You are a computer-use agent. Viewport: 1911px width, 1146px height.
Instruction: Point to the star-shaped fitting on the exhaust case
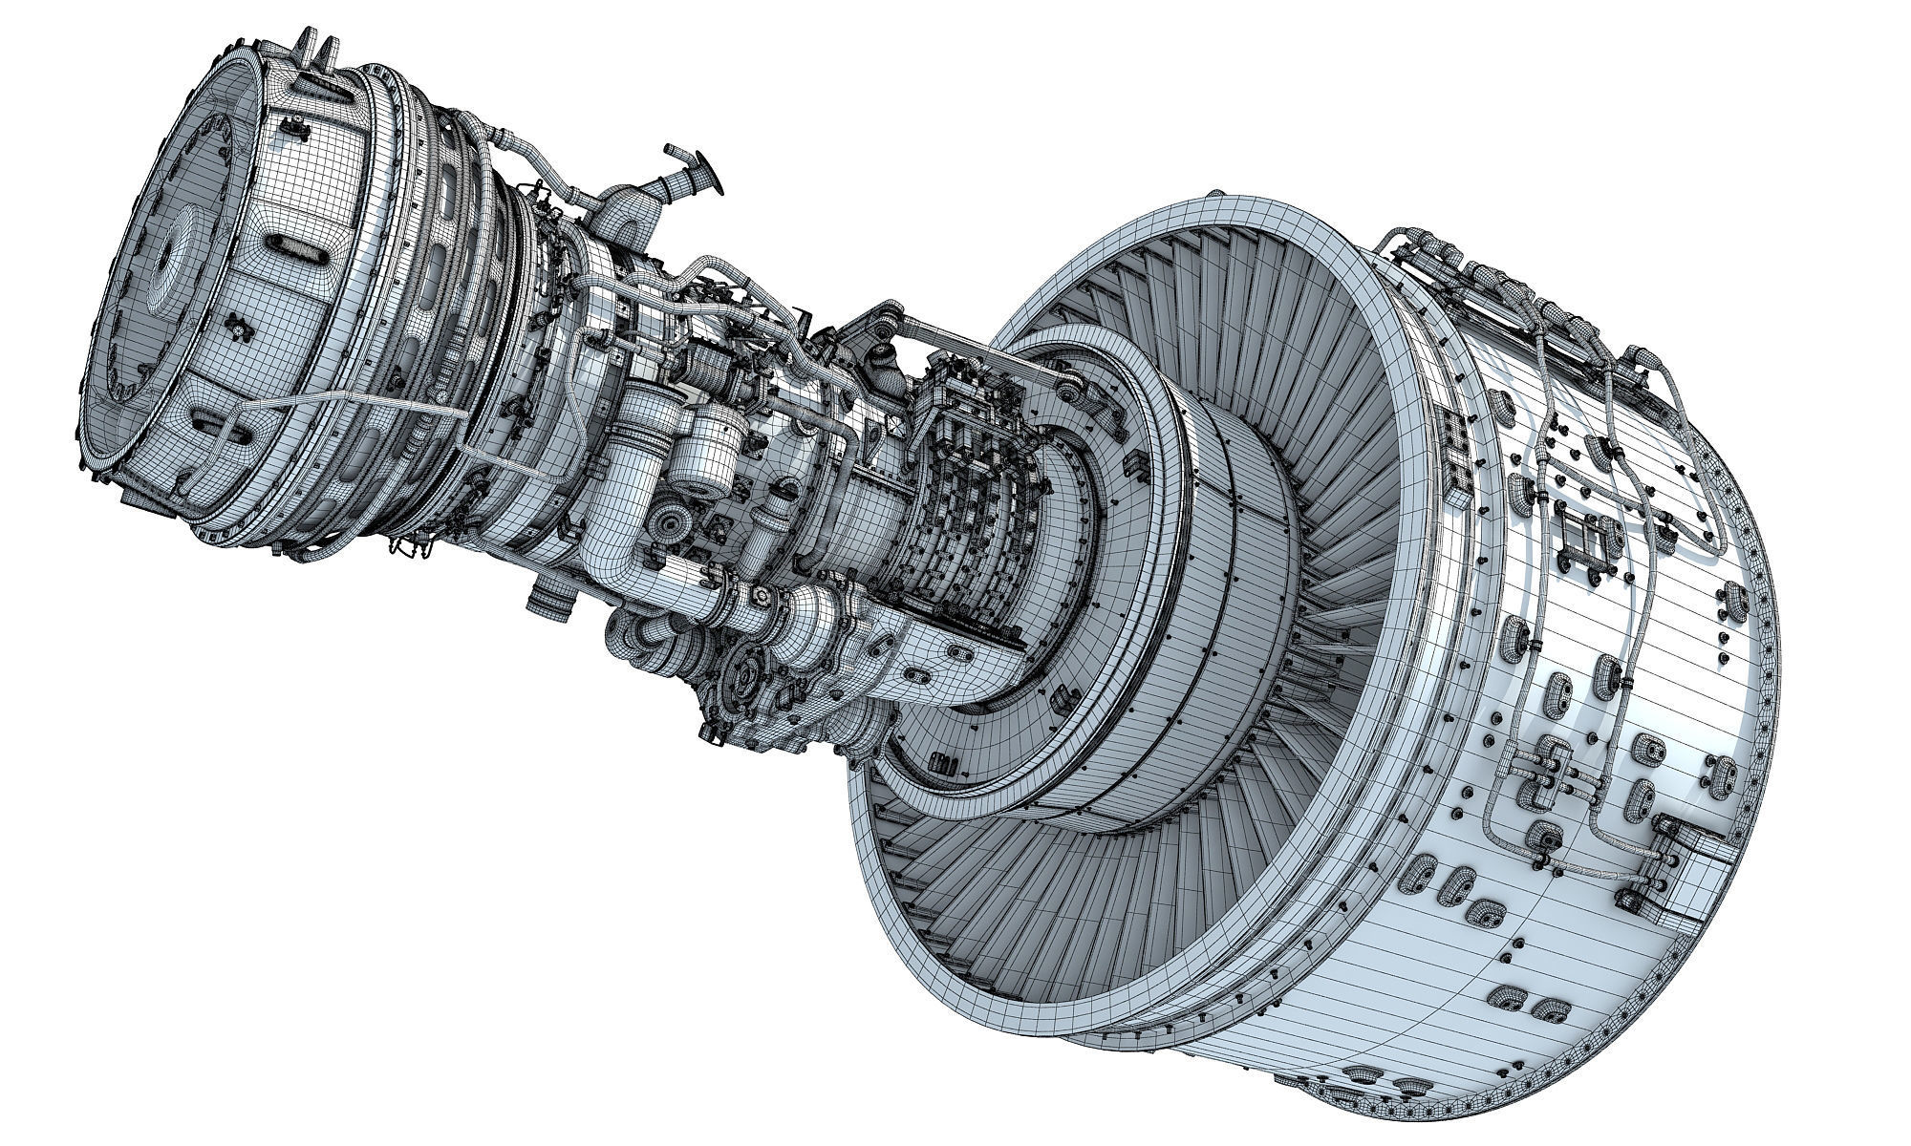click(238, 329)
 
